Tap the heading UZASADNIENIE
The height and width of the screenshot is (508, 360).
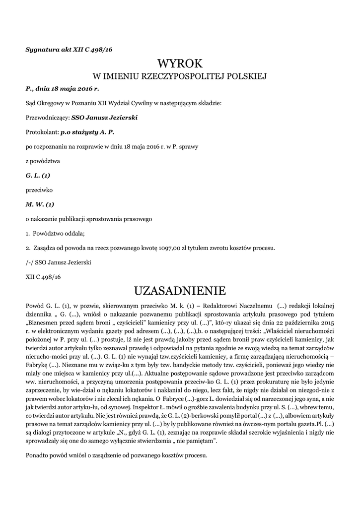coord(180,290)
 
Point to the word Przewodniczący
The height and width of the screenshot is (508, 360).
coord(47,118)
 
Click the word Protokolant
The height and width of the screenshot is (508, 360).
coord(42,132)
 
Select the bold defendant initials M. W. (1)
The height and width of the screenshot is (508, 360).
coord(39,204)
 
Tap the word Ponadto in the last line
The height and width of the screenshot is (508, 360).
coord(38,455)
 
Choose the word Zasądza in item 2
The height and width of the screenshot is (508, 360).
coord(45,248)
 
